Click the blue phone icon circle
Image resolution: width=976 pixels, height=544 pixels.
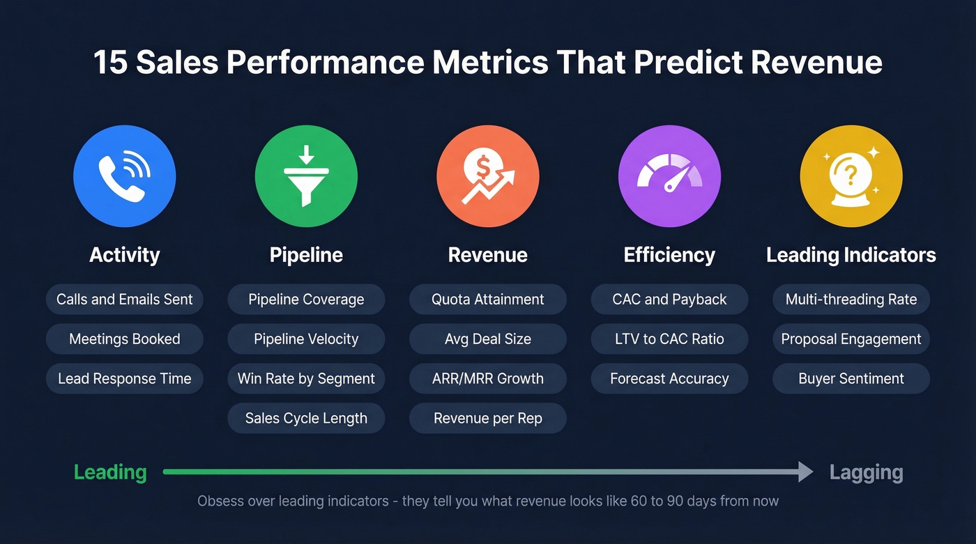(125, 176)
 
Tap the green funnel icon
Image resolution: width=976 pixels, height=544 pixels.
(306, 176)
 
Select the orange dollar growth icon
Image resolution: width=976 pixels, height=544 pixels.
(488, 176)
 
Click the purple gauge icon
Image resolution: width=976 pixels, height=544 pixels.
(669, 176)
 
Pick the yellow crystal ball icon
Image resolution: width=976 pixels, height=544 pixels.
(851, 176)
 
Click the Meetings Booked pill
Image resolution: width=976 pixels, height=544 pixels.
(125, 339)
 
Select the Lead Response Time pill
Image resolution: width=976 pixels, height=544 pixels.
(125, 379)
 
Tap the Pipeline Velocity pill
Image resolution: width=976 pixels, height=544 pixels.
(306, 339)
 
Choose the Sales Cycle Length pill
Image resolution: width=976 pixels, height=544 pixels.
(306, 419)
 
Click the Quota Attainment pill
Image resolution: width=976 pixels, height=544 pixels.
(488, 300)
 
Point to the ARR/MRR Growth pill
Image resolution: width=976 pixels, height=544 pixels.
(488, 379)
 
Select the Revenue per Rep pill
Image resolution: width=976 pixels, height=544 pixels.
(488, 419)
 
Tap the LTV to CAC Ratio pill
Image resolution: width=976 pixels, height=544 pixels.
(669, 339)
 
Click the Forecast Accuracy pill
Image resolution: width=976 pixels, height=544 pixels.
(669, 379)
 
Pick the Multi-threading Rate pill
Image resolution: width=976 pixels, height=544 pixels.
(851, 300)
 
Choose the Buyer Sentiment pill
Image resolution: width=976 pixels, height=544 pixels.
(851, 379)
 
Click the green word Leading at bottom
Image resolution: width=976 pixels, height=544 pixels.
(110, 472)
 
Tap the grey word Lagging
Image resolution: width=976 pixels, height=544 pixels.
(866, 472)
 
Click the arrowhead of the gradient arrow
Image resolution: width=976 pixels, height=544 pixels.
(806, 472)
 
